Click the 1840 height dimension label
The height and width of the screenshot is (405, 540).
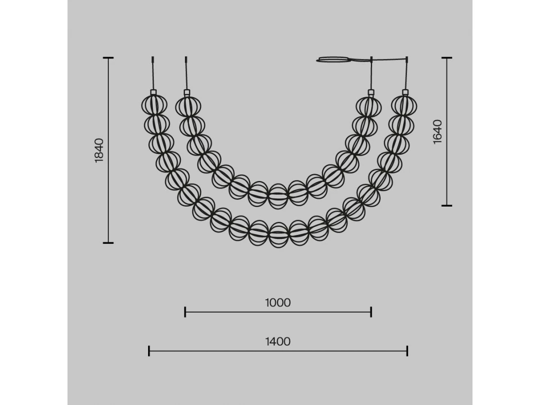pyautogui.click(x=99, y=150)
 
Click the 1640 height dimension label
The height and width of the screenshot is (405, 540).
pyautogui.click(x=437, y=132)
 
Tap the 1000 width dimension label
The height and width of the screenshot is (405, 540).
pyautogui.click(x=278, y=303)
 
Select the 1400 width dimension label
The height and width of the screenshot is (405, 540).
pyautogui.click(x=278, y=342)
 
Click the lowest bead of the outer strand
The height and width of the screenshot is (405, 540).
pyautogui.click(x=279, y=235)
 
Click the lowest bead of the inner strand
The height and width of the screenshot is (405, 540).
pyautogui.click(x=278, y=196)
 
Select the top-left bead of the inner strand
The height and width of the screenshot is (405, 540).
pyautogui.click(x=188, y=107)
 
